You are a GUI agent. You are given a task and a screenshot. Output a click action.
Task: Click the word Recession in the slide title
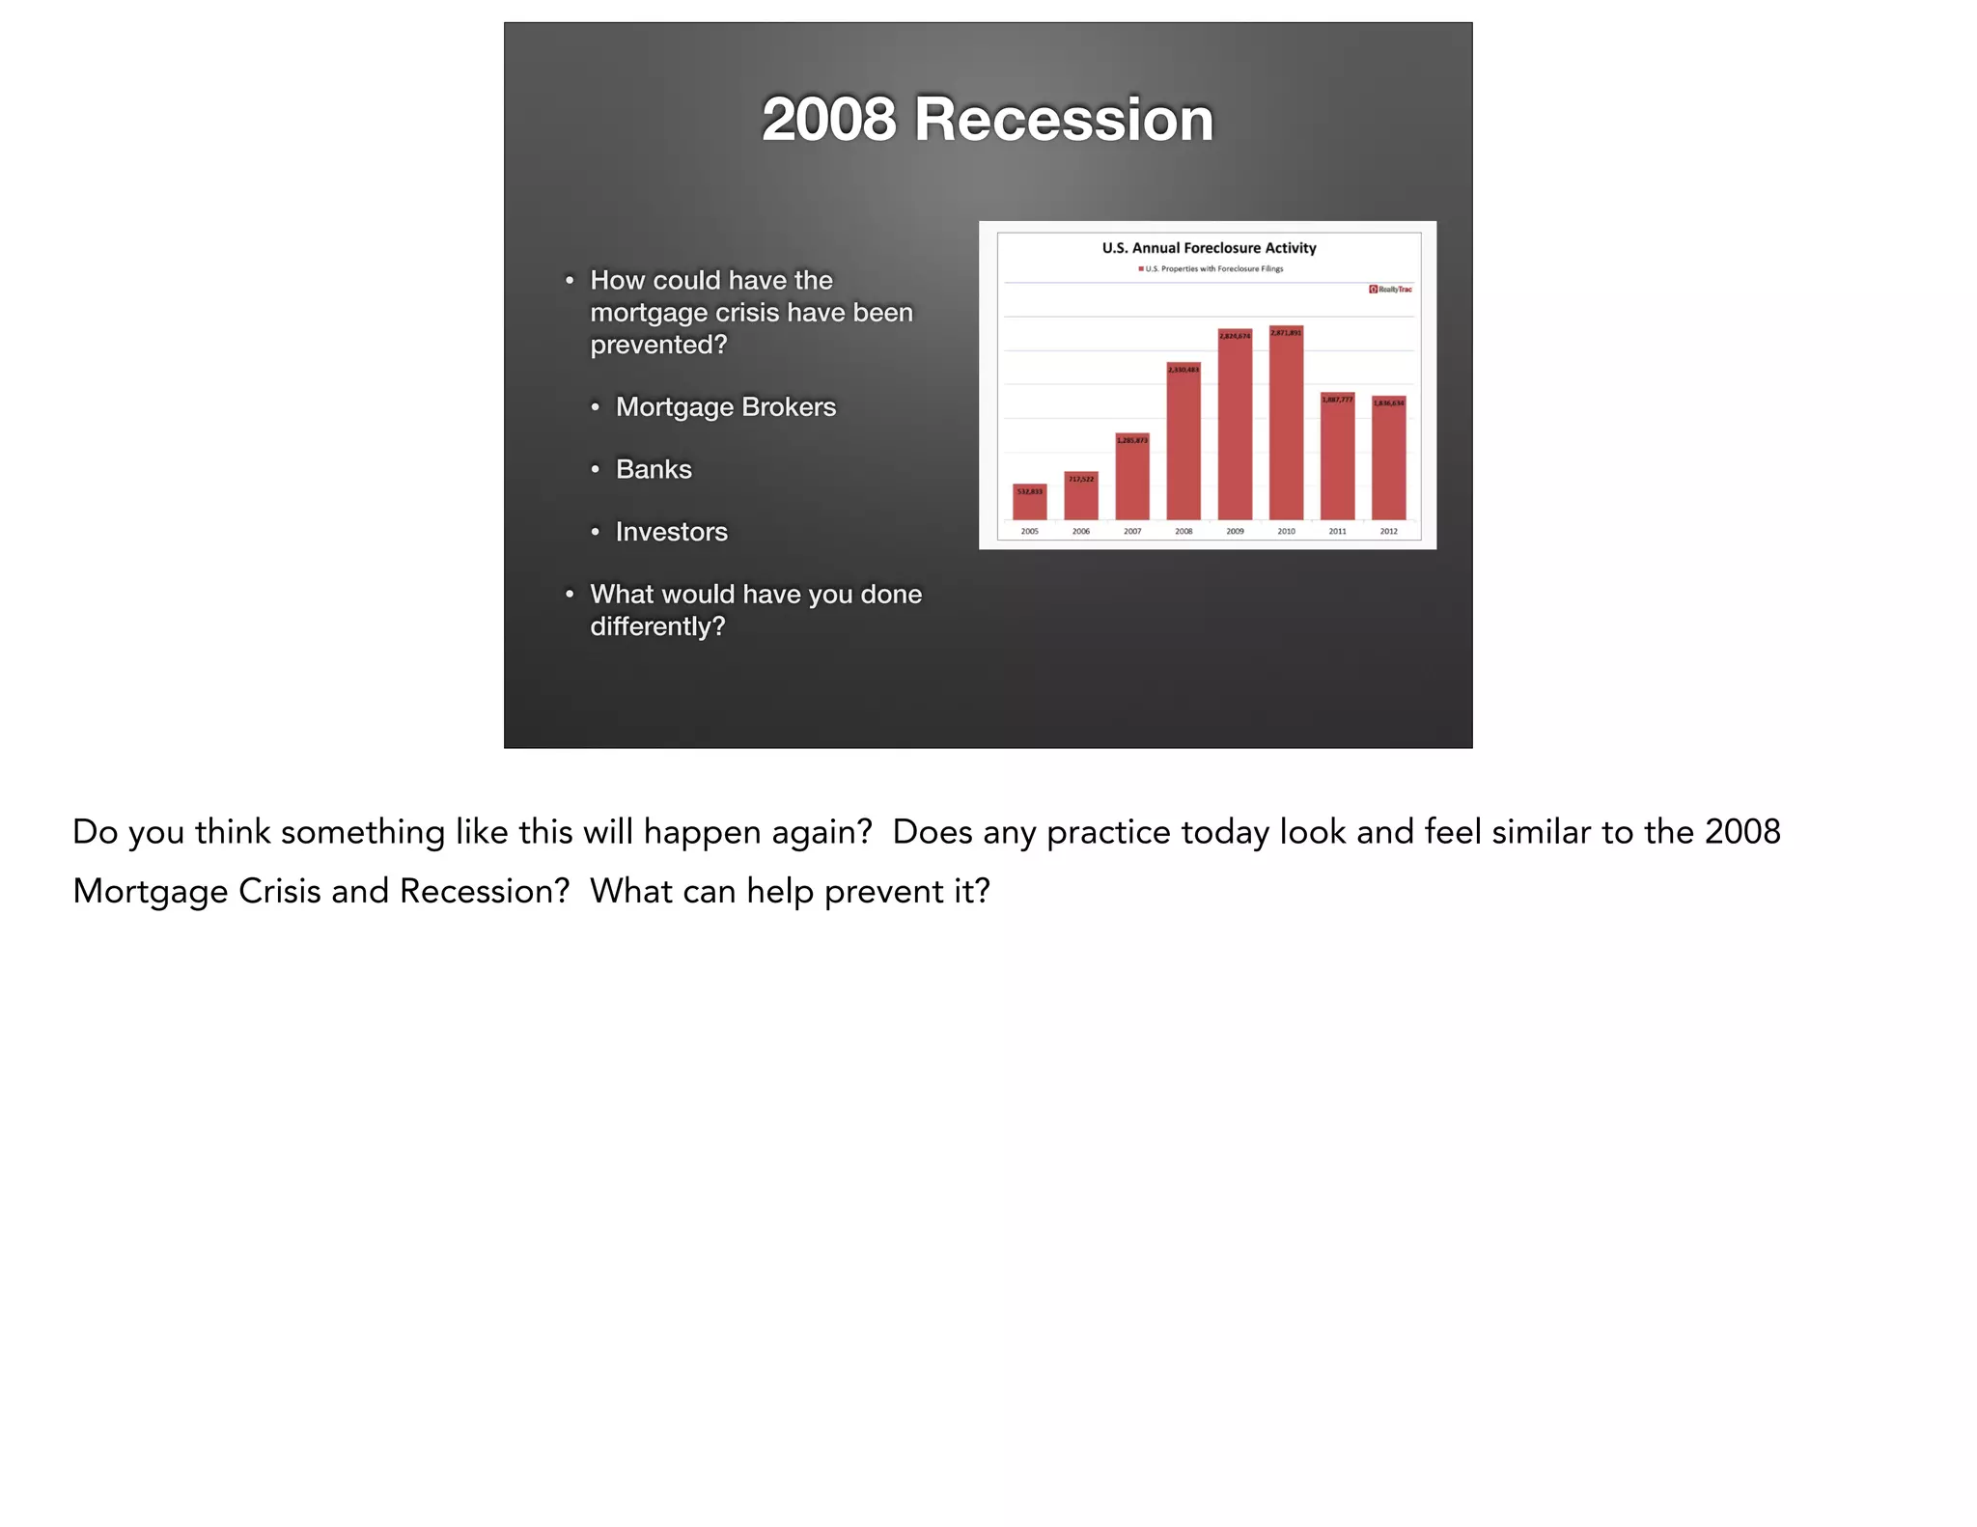(1063, 120)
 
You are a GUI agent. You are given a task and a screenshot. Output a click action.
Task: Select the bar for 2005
(1029, 503)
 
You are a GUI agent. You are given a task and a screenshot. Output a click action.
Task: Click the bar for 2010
(1286, 425)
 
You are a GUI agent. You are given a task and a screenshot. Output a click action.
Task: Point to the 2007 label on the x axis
(1132, 532)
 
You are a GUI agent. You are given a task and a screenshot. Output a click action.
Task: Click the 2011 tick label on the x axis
(1337, 532)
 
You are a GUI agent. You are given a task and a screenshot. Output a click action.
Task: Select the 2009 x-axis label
(1235, 532)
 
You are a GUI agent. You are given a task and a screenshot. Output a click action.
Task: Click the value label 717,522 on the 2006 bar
(1081, 479)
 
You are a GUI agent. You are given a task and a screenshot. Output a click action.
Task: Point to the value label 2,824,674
(1235, 336)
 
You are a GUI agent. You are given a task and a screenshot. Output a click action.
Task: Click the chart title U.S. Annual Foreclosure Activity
(1209, 248)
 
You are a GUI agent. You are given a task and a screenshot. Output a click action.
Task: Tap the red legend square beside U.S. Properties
(1141, 269)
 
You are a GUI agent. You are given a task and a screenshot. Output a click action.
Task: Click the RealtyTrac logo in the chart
(1390, 290)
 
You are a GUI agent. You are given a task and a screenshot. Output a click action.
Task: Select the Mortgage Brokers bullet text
(725, 407)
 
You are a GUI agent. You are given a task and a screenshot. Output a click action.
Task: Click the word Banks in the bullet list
(654, 470)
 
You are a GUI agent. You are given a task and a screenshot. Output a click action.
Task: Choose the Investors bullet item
(671, 532)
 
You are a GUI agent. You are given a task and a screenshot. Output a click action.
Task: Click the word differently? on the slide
(657, 627)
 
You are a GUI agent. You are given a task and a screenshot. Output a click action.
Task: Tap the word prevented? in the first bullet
(658, 346)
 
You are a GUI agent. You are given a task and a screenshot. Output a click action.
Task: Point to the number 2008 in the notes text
(1741, 832)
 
